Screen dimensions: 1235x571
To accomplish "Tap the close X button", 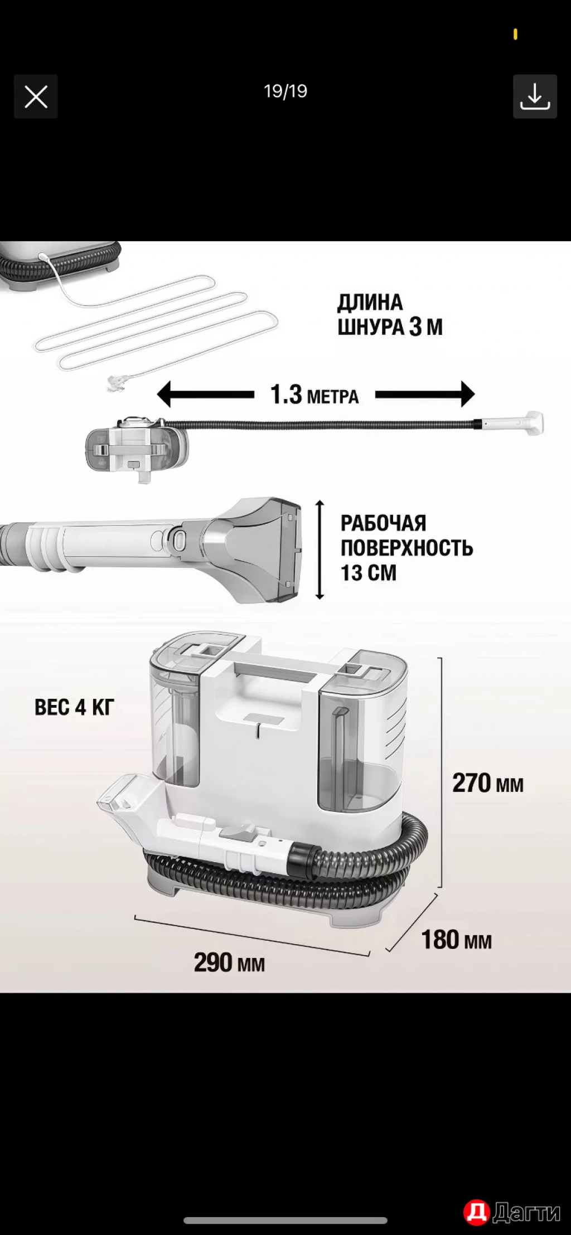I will click(36, 97).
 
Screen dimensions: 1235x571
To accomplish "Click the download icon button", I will click(535, 96).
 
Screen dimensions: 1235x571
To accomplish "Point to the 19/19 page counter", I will click(285, 91).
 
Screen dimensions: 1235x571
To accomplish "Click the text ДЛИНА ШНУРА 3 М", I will click(390, 315).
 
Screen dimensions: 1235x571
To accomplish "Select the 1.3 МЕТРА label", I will click(314, 395).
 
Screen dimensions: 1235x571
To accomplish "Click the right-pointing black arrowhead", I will click(467, 395).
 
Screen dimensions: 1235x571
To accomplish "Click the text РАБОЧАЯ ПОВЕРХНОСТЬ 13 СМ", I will click(407, 548).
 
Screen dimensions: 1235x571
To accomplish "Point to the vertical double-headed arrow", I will click(320, 550).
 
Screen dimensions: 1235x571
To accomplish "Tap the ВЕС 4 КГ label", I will click(74, 708).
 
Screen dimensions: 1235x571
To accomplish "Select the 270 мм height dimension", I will click(487, 783).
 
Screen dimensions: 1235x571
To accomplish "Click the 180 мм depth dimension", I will click(456, 940).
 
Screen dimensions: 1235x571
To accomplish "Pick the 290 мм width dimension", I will click(229, 962).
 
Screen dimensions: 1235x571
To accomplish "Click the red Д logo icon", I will click(476, 1212).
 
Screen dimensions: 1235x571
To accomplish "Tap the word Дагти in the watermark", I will click(527, 1212).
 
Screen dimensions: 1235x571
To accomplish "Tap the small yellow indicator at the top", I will click(515, 35).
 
